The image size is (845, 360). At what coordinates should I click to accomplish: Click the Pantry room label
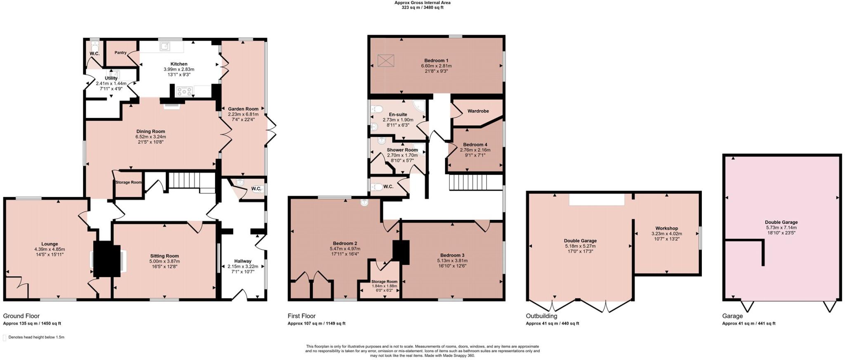coord(120,53)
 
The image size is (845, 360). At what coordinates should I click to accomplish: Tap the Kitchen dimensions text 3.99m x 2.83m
coord(179,69)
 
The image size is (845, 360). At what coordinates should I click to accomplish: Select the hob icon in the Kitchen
coord(184,91)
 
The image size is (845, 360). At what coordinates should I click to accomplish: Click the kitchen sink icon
coord(165,46)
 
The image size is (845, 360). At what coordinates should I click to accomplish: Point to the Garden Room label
coord(243,109)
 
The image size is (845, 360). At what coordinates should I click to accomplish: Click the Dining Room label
coord(151,132)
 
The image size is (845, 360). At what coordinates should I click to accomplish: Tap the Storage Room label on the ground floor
coord(128,182)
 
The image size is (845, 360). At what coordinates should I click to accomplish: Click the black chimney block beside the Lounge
coord(106,259)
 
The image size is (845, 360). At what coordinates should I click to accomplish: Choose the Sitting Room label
coord(164,256)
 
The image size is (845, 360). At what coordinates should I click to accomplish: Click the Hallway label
coord(243,261)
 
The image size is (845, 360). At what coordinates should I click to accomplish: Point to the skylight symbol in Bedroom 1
coord(386,61)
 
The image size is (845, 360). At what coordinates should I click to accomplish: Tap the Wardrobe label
coord(478,111)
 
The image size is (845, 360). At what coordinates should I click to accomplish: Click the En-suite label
coord(398,114)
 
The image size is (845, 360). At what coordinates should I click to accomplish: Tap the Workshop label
coord(666,228)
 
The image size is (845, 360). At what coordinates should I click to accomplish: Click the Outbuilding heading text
coord(541,316)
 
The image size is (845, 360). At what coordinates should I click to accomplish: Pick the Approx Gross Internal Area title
coord(422,2)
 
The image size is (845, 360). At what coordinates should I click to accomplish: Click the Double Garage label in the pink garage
coord(781,222)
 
